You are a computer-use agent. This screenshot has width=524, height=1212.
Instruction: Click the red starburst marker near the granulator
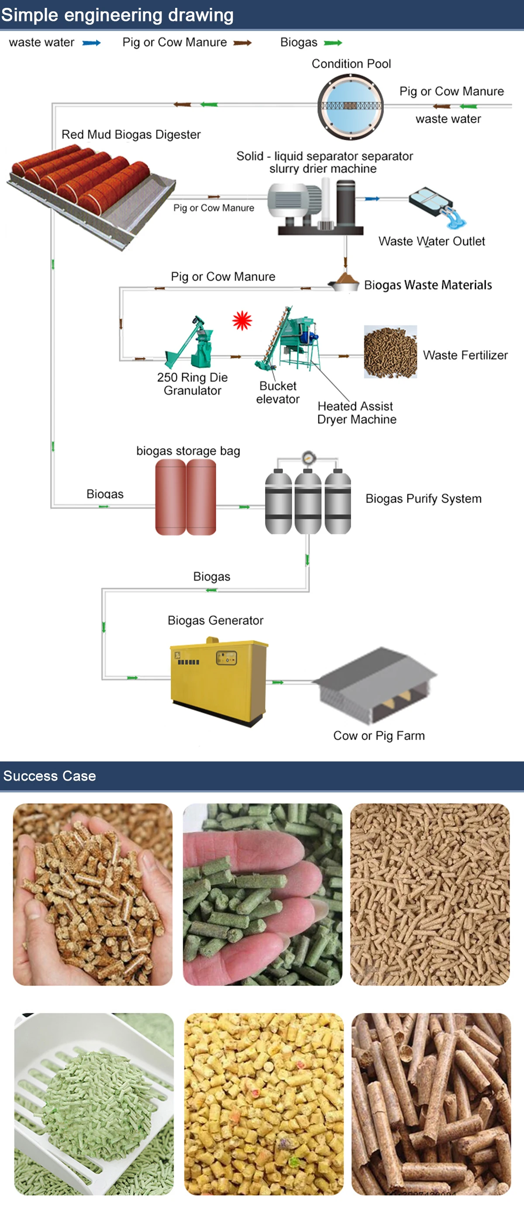pos(242,321)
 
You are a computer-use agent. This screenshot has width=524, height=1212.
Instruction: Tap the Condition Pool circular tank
pos(351,107)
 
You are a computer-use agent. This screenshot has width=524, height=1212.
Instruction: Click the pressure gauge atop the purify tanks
pos(308,457)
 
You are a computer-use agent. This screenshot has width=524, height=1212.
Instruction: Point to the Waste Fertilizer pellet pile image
pos(390,351)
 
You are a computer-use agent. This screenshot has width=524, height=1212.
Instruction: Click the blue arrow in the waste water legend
pos(91,43)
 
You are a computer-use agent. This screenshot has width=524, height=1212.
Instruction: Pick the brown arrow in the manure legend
pos(242,43)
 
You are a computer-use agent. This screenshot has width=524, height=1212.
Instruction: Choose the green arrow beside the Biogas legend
pos(333,43)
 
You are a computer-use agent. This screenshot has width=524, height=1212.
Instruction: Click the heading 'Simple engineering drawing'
pos(117,15)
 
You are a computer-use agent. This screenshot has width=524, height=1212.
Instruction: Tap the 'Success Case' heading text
pos(49,776)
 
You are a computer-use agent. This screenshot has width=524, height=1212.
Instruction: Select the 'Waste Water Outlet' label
pos(431,241)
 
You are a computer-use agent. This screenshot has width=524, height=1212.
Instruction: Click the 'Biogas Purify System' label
pos(423,498)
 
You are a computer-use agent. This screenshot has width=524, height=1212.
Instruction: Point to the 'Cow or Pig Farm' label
pos(379,735)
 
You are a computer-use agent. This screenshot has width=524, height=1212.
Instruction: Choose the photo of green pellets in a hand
pos(262,895)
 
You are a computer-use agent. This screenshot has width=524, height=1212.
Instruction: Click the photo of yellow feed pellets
pos(263,1103)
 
